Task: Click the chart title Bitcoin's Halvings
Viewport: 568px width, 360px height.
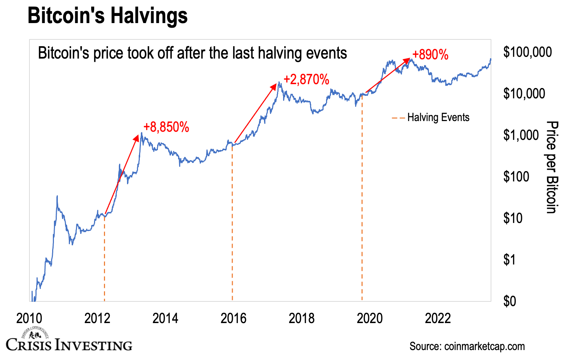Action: point(107,16)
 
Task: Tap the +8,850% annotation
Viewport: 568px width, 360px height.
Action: point(166,127)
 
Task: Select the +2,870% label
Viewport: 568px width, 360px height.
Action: point(306,80)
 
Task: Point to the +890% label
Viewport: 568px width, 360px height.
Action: point(430,55)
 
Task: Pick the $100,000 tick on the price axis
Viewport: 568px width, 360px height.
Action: point(527,52)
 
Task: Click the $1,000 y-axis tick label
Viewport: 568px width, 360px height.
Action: point(521,135)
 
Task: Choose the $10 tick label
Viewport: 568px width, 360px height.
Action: point(513,218)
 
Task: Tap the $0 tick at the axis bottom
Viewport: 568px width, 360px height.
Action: point(509,301)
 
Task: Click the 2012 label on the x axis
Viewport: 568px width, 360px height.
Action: point(97,318)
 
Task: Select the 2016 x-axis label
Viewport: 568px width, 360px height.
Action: point(233,318)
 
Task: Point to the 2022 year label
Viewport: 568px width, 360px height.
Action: point(438,318)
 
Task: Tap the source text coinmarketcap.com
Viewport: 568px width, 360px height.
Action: point(467,346)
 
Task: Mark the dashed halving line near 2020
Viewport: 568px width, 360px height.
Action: point(362,199)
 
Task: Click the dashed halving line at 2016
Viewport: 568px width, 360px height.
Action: point(232,220)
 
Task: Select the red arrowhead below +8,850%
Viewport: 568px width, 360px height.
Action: point(137,137)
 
